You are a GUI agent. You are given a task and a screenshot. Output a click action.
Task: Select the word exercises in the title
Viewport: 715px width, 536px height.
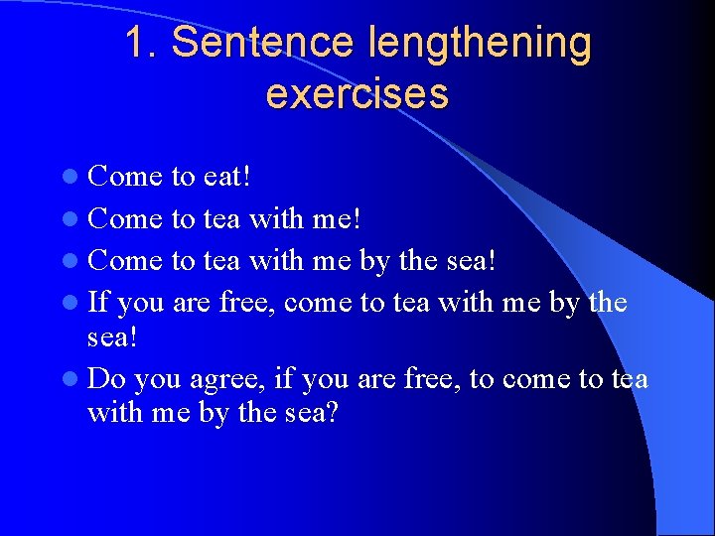pyautogui.click(x=357, y=93)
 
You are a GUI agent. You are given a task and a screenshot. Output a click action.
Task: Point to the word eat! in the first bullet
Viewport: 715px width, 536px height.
pyautogui.click(x=226, y=177)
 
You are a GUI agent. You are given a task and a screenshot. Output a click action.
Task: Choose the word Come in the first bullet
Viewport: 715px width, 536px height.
pyautogui.click(x=125, y=177)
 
